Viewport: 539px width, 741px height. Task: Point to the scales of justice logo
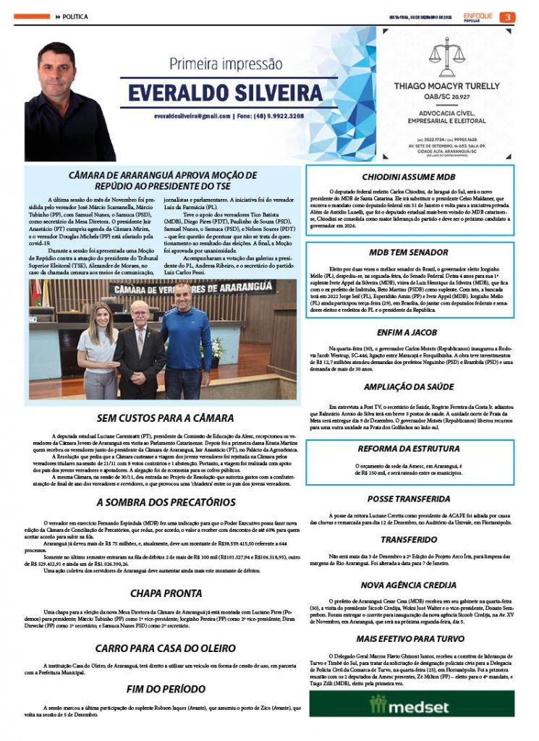click(x=449, y=54)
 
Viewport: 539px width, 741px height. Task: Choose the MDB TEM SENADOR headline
click(x=409, y=253)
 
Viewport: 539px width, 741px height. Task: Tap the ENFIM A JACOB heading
click(x=408, y=333)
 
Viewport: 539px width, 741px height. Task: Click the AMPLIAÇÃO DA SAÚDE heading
click(x=408, y=387)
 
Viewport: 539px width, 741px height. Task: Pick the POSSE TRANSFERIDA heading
click(x=409, y=499)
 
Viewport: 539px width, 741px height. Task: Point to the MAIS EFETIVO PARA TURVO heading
click(x=409, y=638)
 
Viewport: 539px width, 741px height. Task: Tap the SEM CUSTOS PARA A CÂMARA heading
click(x=166, y=418)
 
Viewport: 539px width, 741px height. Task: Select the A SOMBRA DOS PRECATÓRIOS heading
click(x=166, y=502)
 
